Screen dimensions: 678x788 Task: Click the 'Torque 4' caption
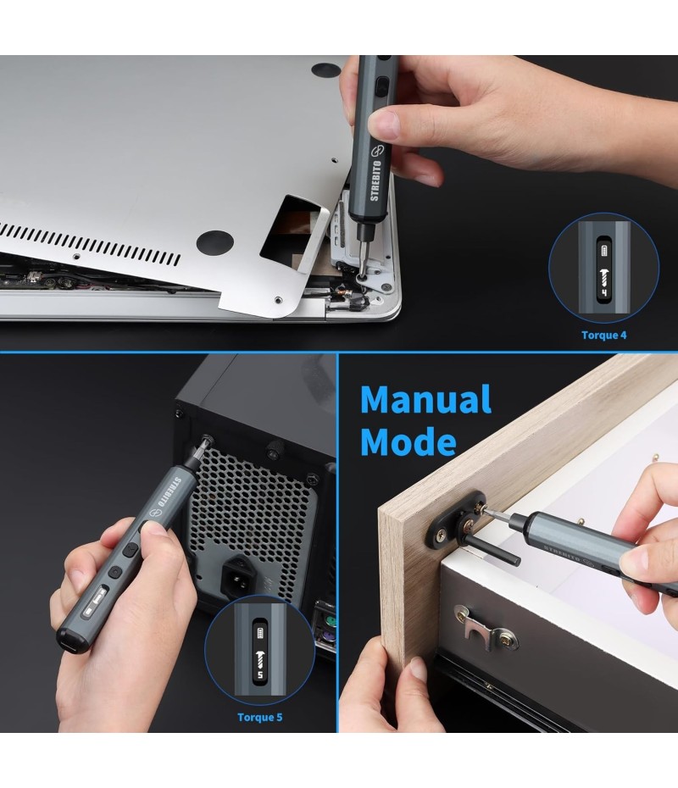603,336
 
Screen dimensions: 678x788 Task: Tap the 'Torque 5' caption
260,717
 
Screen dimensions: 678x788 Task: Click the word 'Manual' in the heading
425,400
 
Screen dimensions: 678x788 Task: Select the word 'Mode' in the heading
408,441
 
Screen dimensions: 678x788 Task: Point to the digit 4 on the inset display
603,291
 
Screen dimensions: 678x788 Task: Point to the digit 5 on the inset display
259,674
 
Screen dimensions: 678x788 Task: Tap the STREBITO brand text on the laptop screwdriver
375,180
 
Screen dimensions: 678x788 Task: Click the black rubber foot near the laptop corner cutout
214,242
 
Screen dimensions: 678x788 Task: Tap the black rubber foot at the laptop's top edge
325,69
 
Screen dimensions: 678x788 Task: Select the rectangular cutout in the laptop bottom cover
295,231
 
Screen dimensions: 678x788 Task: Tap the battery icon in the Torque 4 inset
603,250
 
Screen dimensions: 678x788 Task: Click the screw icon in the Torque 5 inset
259,658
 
